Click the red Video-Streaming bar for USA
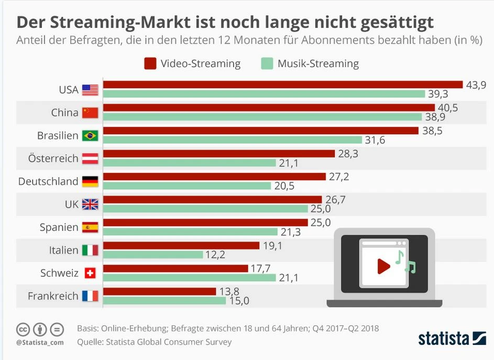tap(283, 85)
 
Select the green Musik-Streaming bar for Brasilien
tap(233, 140)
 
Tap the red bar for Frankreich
tap(159, 291)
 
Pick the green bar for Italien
tap(153, 255)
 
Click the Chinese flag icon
tap(90, 113)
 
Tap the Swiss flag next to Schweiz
tap(90, 274)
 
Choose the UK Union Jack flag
tap(90, 204)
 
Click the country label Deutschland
tap(48, 181)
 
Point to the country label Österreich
tap(54, 158)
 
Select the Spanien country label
tap(59, 227)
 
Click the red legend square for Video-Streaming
tap(150, 64)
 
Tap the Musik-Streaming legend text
tap(318, 64)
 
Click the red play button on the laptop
tap(383, 267)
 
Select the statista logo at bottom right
tap(452, 338)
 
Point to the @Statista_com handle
tap(40, 342)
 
